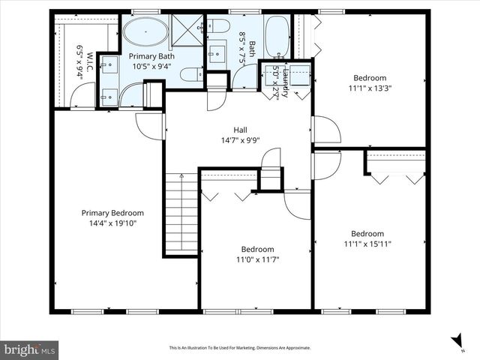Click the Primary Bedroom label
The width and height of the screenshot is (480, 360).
tap(112, 213)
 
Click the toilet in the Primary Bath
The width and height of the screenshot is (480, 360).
tap(191, 73)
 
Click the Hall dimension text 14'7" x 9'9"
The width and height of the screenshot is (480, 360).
tap(240, 140)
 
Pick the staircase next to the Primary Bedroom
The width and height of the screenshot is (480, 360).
tap(181, 214)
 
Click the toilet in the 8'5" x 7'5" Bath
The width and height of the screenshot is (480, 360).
tap(220, 27)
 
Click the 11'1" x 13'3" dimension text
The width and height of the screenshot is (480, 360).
tap(369, 88)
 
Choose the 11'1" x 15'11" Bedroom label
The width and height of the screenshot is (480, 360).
tap(367, 233)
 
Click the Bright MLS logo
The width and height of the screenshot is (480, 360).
tap(30, 349)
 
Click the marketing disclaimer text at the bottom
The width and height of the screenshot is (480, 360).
tap(239, 348)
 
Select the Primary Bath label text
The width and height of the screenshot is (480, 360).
tap(150, 56)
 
